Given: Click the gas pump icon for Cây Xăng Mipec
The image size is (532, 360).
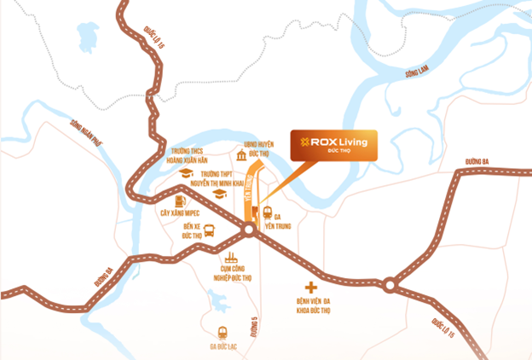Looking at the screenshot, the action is pyautogui.click(x=180, y=199).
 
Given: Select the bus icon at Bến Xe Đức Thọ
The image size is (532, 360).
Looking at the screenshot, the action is pyautogui.click(x=210, y=229).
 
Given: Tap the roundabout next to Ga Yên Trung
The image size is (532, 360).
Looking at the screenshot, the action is pyautogui.click(x=249, y=230).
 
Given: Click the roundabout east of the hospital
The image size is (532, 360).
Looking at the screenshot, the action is pyautogui.click(x=390, y=283).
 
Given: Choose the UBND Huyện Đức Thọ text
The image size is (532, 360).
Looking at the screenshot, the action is pyautogui.click(x=258, y=150).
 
